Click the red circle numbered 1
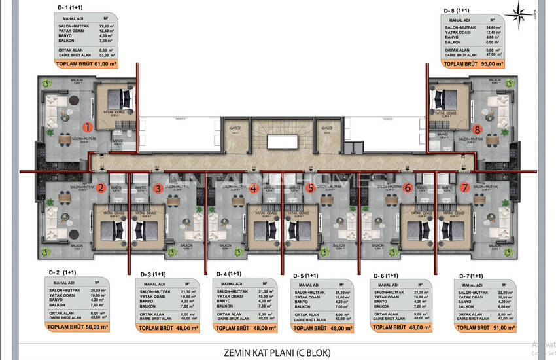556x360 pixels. pyautogui.click(x=87, y=126)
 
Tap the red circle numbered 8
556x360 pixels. pyautogui.click(x=478, y=129)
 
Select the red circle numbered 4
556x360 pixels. pyautogui.click(x=254, y=189)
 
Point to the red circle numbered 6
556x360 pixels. pyautogui.click(x=408, y=188)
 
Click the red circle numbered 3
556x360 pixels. pyautogui.click(x=158, y=189)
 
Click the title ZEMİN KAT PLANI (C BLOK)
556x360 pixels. pyautogui.click(x=278, y=353)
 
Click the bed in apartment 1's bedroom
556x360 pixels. pyautogui.click(x=119, y=99)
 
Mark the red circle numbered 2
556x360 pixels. pyautogui.click(x=101, y=189)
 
